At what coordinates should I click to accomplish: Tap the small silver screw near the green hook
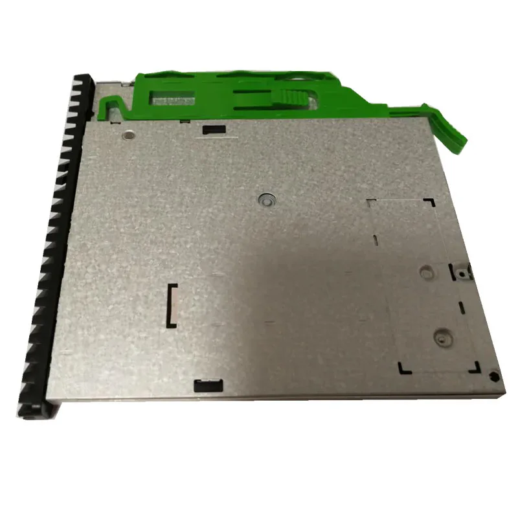(128, 136)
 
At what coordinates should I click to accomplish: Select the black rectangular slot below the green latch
(213, 129)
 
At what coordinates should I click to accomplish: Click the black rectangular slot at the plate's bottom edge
(208, 387)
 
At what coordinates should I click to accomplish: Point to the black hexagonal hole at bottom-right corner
(493, 374)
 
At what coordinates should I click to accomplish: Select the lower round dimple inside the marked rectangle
(442, 337)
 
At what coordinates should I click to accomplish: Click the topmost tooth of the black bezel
(84, 78)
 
